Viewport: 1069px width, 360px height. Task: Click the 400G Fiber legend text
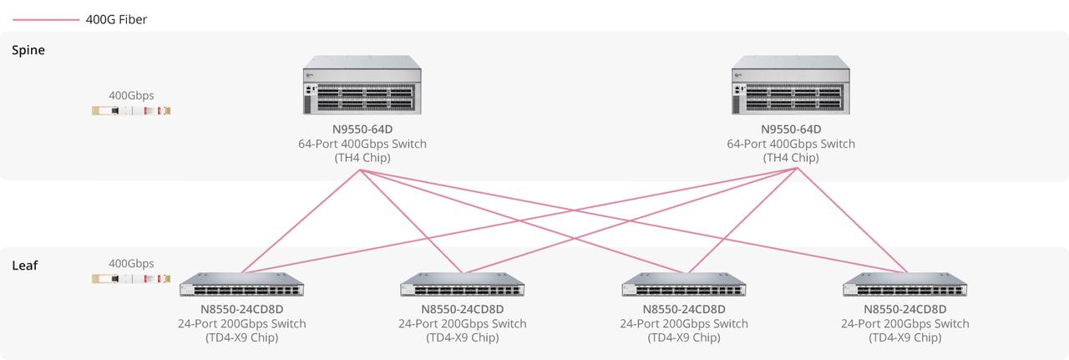(116, 19)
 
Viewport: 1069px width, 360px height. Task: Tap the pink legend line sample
(46, 19)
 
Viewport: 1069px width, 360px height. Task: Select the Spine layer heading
(28, 50)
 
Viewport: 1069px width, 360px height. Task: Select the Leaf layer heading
(25, 266)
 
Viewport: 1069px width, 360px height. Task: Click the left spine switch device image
(362, 85)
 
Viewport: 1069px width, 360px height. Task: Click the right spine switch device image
(791, 85)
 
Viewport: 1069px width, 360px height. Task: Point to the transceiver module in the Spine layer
(131, 110)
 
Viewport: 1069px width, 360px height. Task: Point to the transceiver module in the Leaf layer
(131, 278)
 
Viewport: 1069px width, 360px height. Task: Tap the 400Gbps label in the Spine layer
(131, 95)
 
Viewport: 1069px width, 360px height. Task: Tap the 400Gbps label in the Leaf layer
(131, 263)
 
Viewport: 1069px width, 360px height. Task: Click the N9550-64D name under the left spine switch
(362, 129)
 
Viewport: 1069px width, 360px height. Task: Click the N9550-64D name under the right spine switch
(791, 129)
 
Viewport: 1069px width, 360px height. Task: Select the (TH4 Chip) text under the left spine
(362, 158)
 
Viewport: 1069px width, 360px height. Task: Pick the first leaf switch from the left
(241, 285)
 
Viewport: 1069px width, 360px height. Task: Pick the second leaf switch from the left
(463, 285)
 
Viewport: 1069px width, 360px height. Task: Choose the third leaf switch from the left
(684, 285)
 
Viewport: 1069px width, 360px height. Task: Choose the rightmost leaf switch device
(905, 285)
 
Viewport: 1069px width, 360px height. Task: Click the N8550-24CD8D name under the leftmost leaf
(241, 309)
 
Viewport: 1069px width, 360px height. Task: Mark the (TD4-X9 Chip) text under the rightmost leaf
(905, 337)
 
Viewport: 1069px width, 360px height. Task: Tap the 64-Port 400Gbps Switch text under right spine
(791, 144)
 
